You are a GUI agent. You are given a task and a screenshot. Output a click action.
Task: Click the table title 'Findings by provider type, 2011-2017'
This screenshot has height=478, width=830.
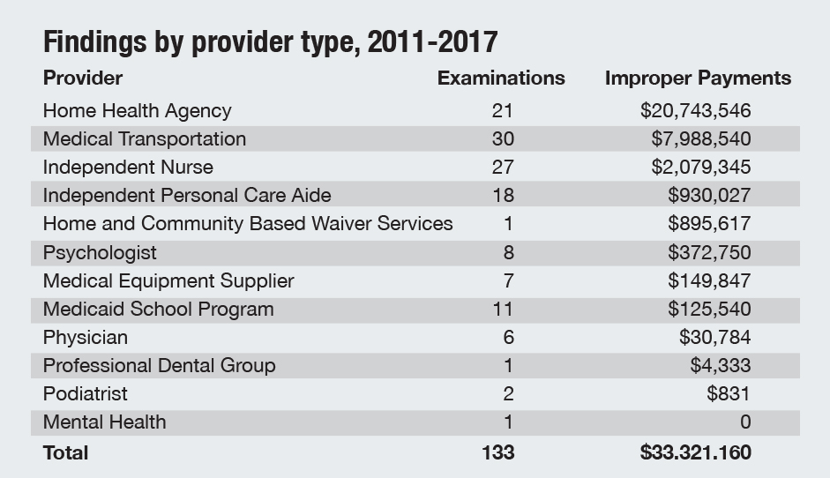click(x=270, y=41)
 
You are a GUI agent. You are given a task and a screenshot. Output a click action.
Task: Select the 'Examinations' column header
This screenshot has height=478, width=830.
click(x=501, y=78)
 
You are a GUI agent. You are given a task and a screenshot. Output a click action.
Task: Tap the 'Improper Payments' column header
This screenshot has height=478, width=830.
click(x=698, y=78)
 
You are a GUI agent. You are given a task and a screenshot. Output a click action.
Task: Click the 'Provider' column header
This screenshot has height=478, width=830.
click(x=83, y=78)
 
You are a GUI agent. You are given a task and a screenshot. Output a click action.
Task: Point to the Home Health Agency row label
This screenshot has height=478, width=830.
click(x=137, y=111)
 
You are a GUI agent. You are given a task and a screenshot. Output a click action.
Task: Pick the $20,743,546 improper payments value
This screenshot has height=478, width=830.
click(x=696, y=111)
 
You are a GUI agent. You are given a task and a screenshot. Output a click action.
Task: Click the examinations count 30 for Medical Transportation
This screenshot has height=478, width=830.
click(x=504, y=139)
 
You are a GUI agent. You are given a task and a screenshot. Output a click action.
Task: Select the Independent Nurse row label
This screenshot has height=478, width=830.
click(x=128, y=168)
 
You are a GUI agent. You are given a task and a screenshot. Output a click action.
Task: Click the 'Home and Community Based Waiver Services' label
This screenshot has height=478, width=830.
click(x=248, y=224)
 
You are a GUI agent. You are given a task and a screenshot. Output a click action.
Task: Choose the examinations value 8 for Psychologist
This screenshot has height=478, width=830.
click(x=508, y=252)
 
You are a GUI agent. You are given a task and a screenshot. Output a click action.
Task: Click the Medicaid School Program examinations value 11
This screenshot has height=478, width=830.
click(x=504, y=309)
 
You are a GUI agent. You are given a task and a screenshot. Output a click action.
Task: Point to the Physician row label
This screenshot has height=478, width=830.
click(x=85, y=338)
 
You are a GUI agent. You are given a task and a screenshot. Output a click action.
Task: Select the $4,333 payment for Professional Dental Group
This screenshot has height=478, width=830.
click(x=721, y=366)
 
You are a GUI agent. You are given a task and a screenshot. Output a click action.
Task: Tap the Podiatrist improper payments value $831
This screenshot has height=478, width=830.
click(x=729, y=394)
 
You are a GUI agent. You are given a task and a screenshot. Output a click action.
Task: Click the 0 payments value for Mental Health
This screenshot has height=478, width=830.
click(x=745, y=422)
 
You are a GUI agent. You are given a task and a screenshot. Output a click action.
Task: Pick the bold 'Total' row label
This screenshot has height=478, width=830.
click(x=66, y=453)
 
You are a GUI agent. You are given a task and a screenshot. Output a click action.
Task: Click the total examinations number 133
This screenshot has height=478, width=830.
click(x=498, y=453)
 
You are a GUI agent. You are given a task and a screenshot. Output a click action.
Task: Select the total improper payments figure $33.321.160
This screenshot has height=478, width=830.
click(x=696, y=453)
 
